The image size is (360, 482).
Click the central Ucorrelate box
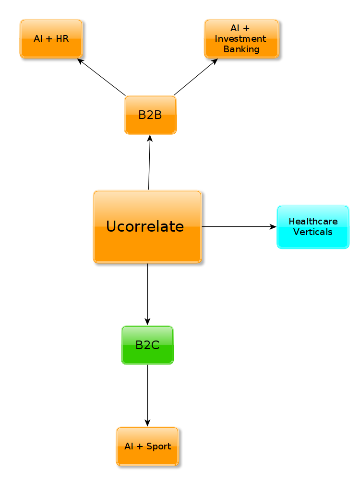(x=147, y=226)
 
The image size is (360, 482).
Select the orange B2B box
(x=150, y=115)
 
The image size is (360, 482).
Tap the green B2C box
(x=147, y=345)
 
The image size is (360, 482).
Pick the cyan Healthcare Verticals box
(x=312, y=227)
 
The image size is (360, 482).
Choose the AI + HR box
(x=51, y=39)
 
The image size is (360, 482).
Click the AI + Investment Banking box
(x=241, y=39)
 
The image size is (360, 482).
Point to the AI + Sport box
(x=147, y=447)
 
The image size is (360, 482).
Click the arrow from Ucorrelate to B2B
(x=149, y=163)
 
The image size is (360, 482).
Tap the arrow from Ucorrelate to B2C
(x=147, y=294)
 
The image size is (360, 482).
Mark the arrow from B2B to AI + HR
(x=102, y=77)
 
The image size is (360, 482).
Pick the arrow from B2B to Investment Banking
(x=195, y=77)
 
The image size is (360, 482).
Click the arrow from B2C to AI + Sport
(x=147, y=395)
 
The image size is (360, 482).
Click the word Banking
(x=241, y=49)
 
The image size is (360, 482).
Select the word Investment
(x=240, y=39)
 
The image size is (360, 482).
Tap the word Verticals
(x=313, y=232)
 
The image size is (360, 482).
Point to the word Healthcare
(x=313, y=222)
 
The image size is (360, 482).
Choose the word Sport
(x=158, y=447)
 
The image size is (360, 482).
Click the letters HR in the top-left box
(x=62, y=39)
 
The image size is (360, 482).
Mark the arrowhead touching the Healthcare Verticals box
(x=274, y=226)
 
